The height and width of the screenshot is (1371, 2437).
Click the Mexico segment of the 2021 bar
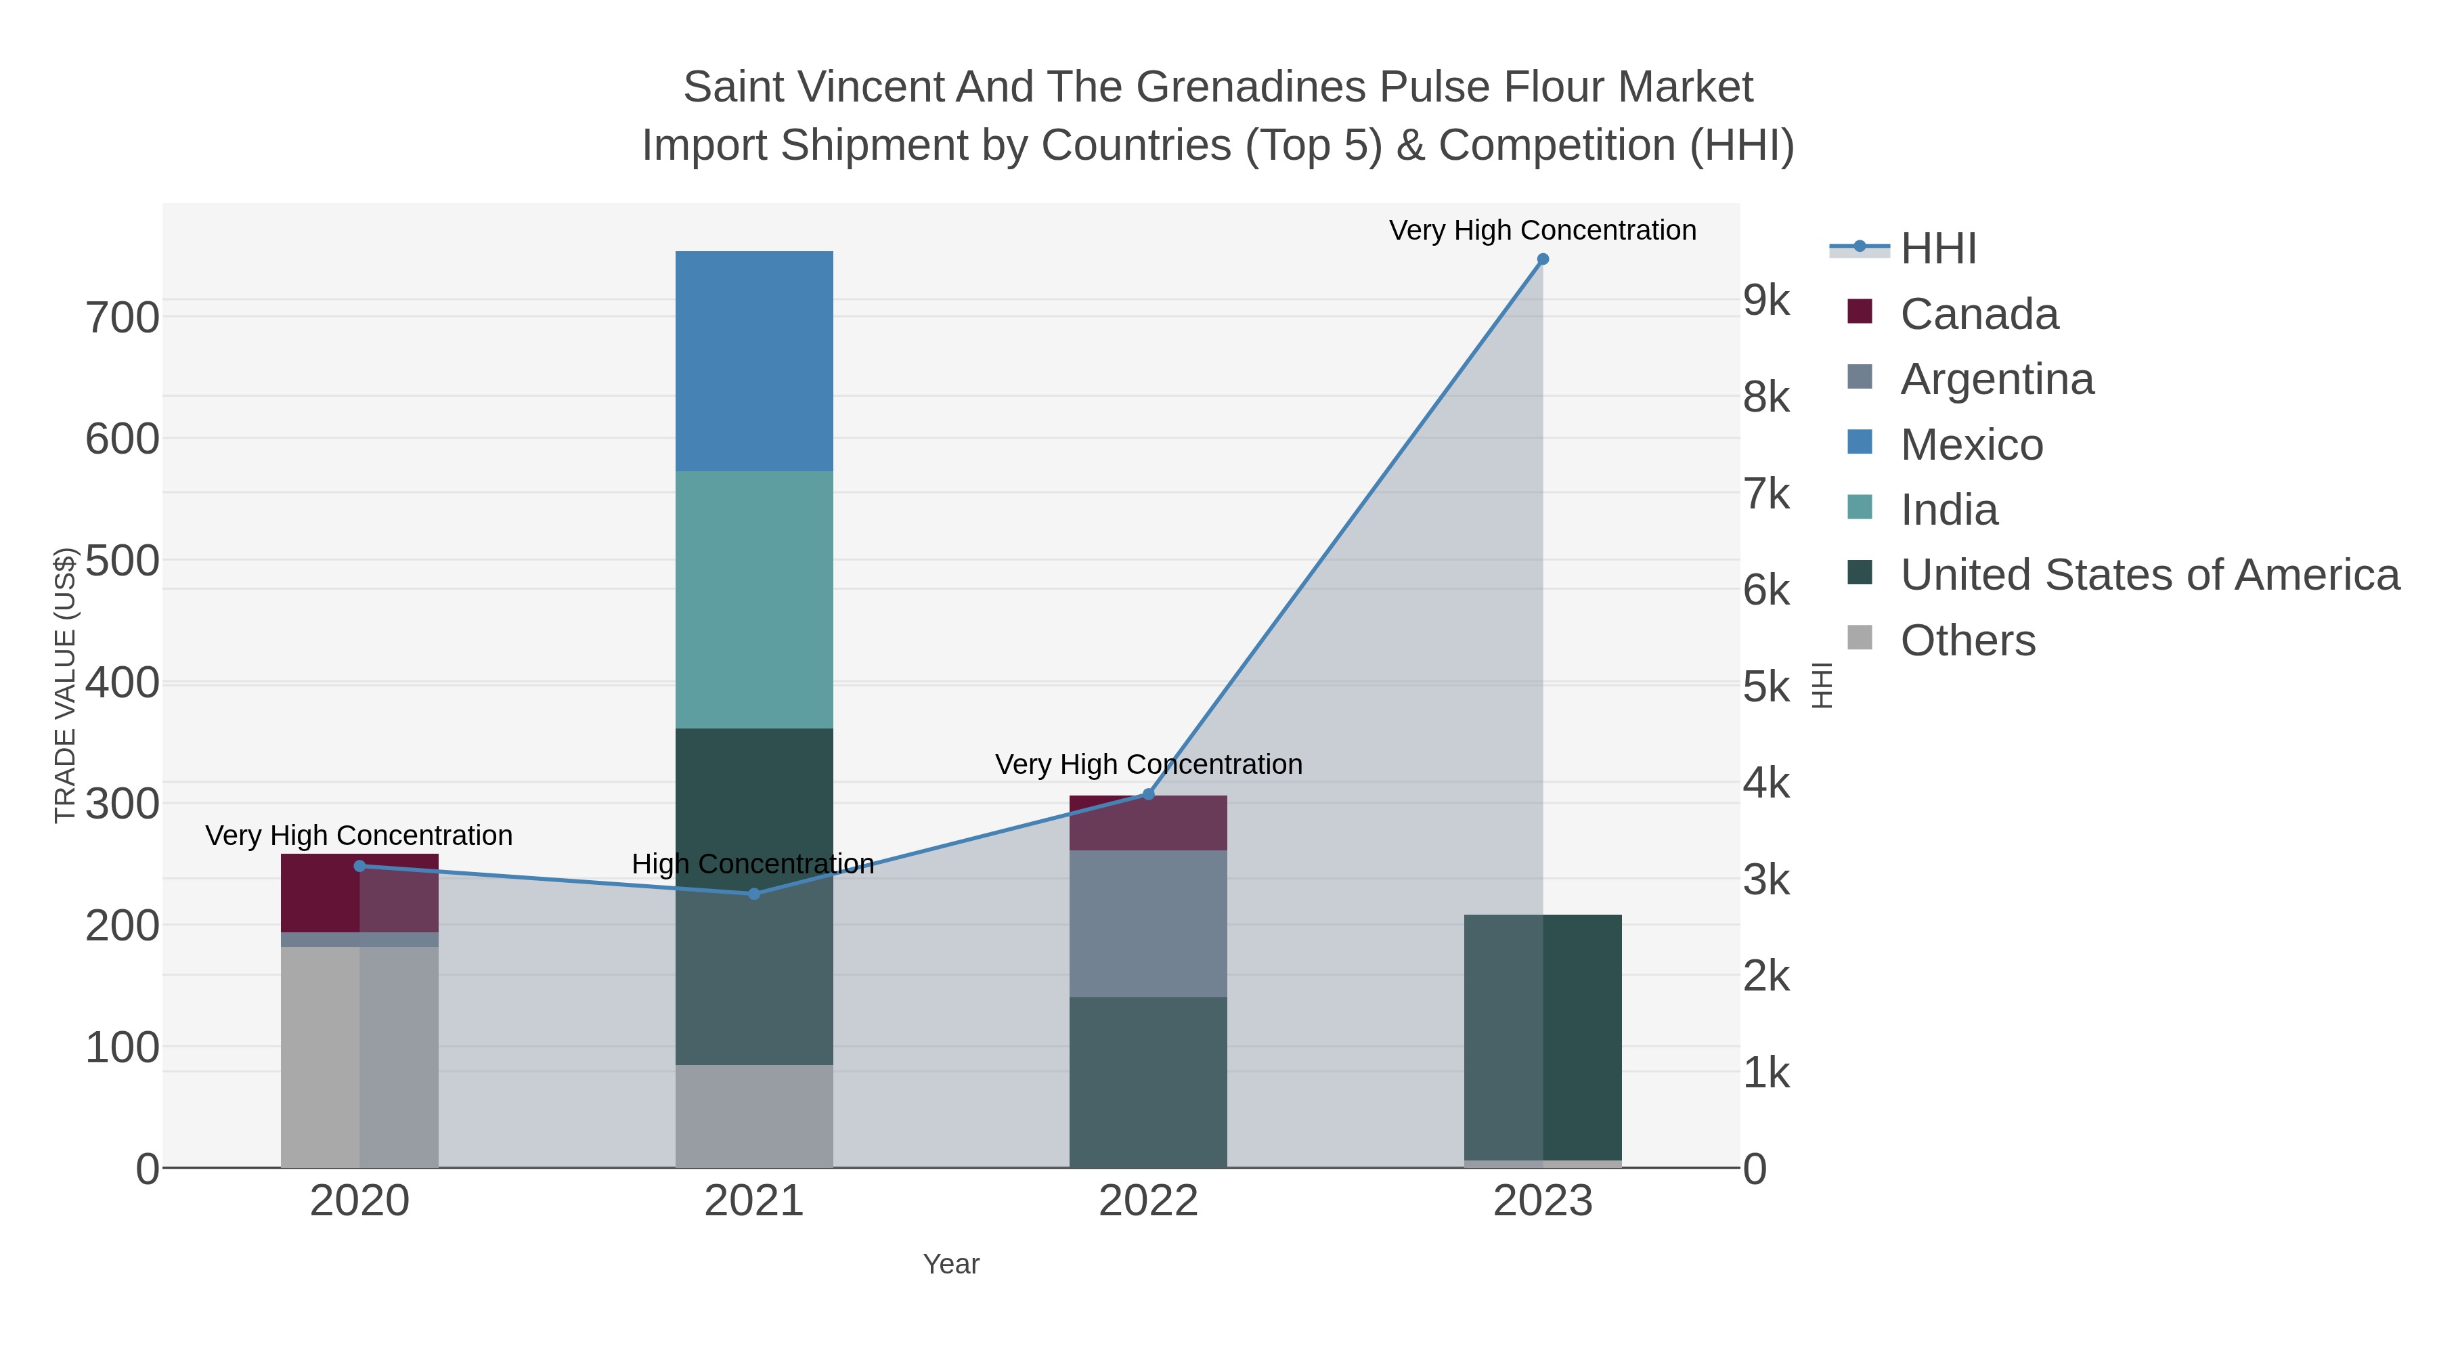point(754,362)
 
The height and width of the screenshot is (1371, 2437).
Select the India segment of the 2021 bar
point(754,600)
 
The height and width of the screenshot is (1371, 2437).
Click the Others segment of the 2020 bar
point(359,1058)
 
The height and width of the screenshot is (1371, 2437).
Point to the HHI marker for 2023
point(1543,259)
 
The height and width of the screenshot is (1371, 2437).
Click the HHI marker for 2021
point(754,894)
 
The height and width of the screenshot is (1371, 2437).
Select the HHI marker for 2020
point(359,866)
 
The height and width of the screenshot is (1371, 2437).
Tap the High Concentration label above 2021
point(753,864)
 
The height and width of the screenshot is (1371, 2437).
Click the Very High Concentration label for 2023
point(1543,230)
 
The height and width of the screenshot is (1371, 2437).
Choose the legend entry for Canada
point(1952,314)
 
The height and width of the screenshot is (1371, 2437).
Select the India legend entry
point(1923,510)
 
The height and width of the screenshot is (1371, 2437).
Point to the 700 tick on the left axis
point(123,318)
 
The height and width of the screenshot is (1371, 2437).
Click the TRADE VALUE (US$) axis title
point(64,685)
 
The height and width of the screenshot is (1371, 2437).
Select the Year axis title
point(952,1264)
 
